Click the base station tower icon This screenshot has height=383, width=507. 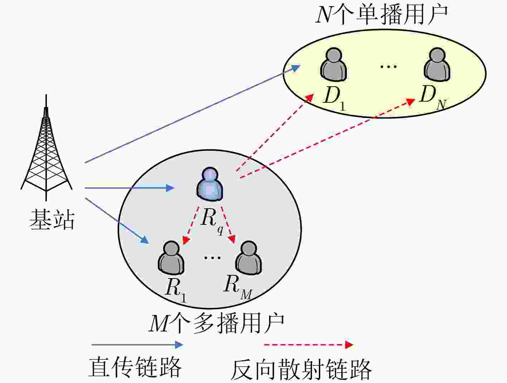(x=47, y=148)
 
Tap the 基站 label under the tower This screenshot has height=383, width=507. (x=52, y=219)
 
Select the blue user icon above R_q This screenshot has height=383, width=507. (x=210, y=184)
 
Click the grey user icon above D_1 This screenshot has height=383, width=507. (x=333, y=64)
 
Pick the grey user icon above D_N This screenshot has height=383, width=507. (x=437, y=64)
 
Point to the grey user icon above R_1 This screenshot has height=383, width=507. (x=171, y=258)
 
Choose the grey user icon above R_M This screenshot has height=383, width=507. (x=249, y=258)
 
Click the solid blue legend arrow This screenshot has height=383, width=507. (x=137, y=345)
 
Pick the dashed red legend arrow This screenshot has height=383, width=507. (x=308, y=345)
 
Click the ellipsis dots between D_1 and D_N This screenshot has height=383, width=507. (x=389, y=67)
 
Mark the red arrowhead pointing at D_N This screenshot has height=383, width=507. (x=410, y=102)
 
